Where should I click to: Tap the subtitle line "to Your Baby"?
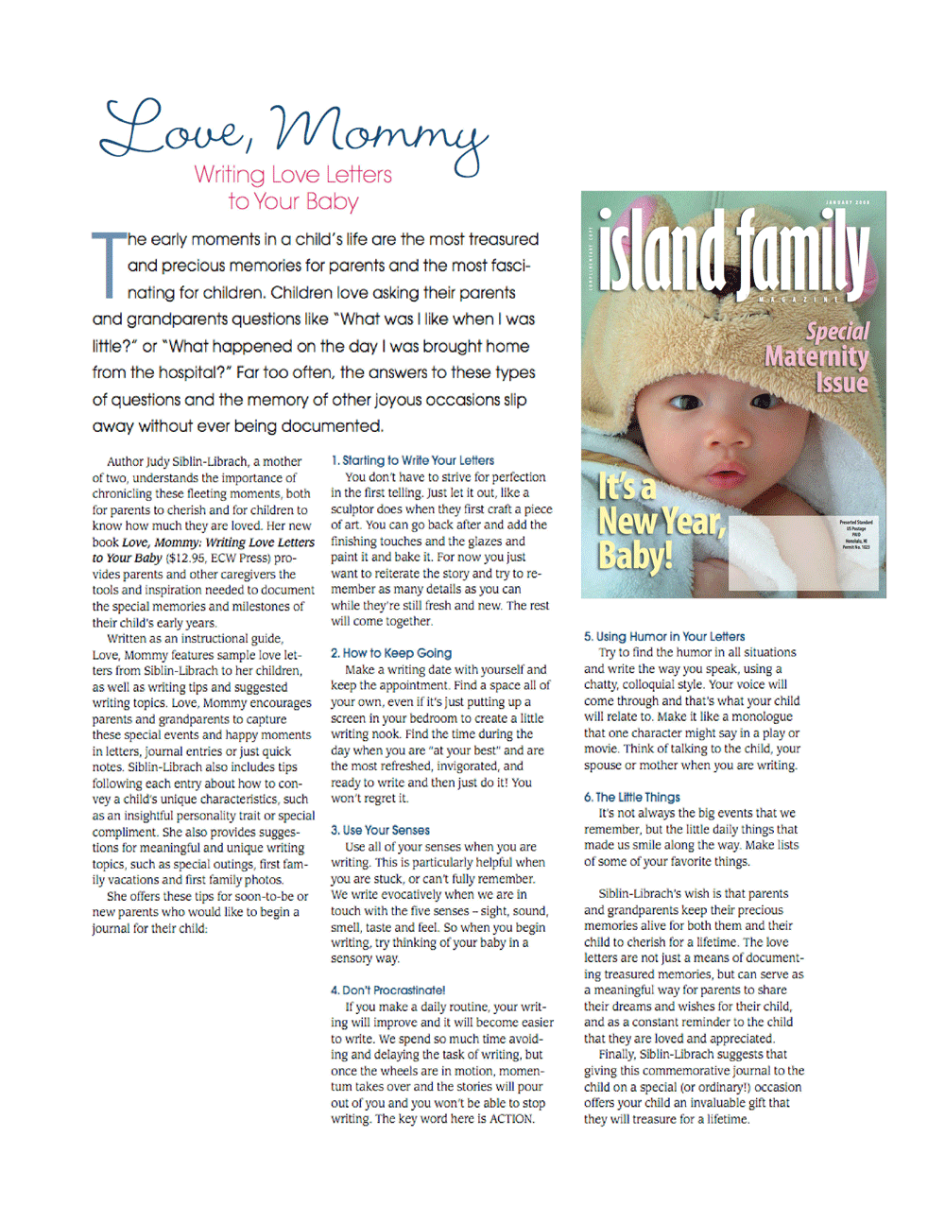pos(293,201)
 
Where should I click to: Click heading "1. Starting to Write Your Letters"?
pos(412,460)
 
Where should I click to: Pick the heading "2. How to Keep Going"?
pos(391,653)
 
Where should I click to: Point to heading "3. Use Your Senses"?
pos(380,830)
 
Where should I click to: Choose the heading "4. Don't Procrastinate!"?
pos(387,990)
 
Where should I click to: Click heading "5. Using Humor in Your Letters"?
pos(664,636)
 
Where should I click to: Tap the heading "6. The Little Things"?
pos(632,797)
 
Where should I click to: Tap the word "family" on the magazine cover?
pos(803,250)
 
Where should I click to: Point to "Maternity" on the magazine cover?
pos(816,357)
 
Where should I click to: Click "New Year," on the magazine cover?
pos(661,521)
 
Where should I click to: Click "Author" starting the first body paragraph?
pos(125,461)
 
